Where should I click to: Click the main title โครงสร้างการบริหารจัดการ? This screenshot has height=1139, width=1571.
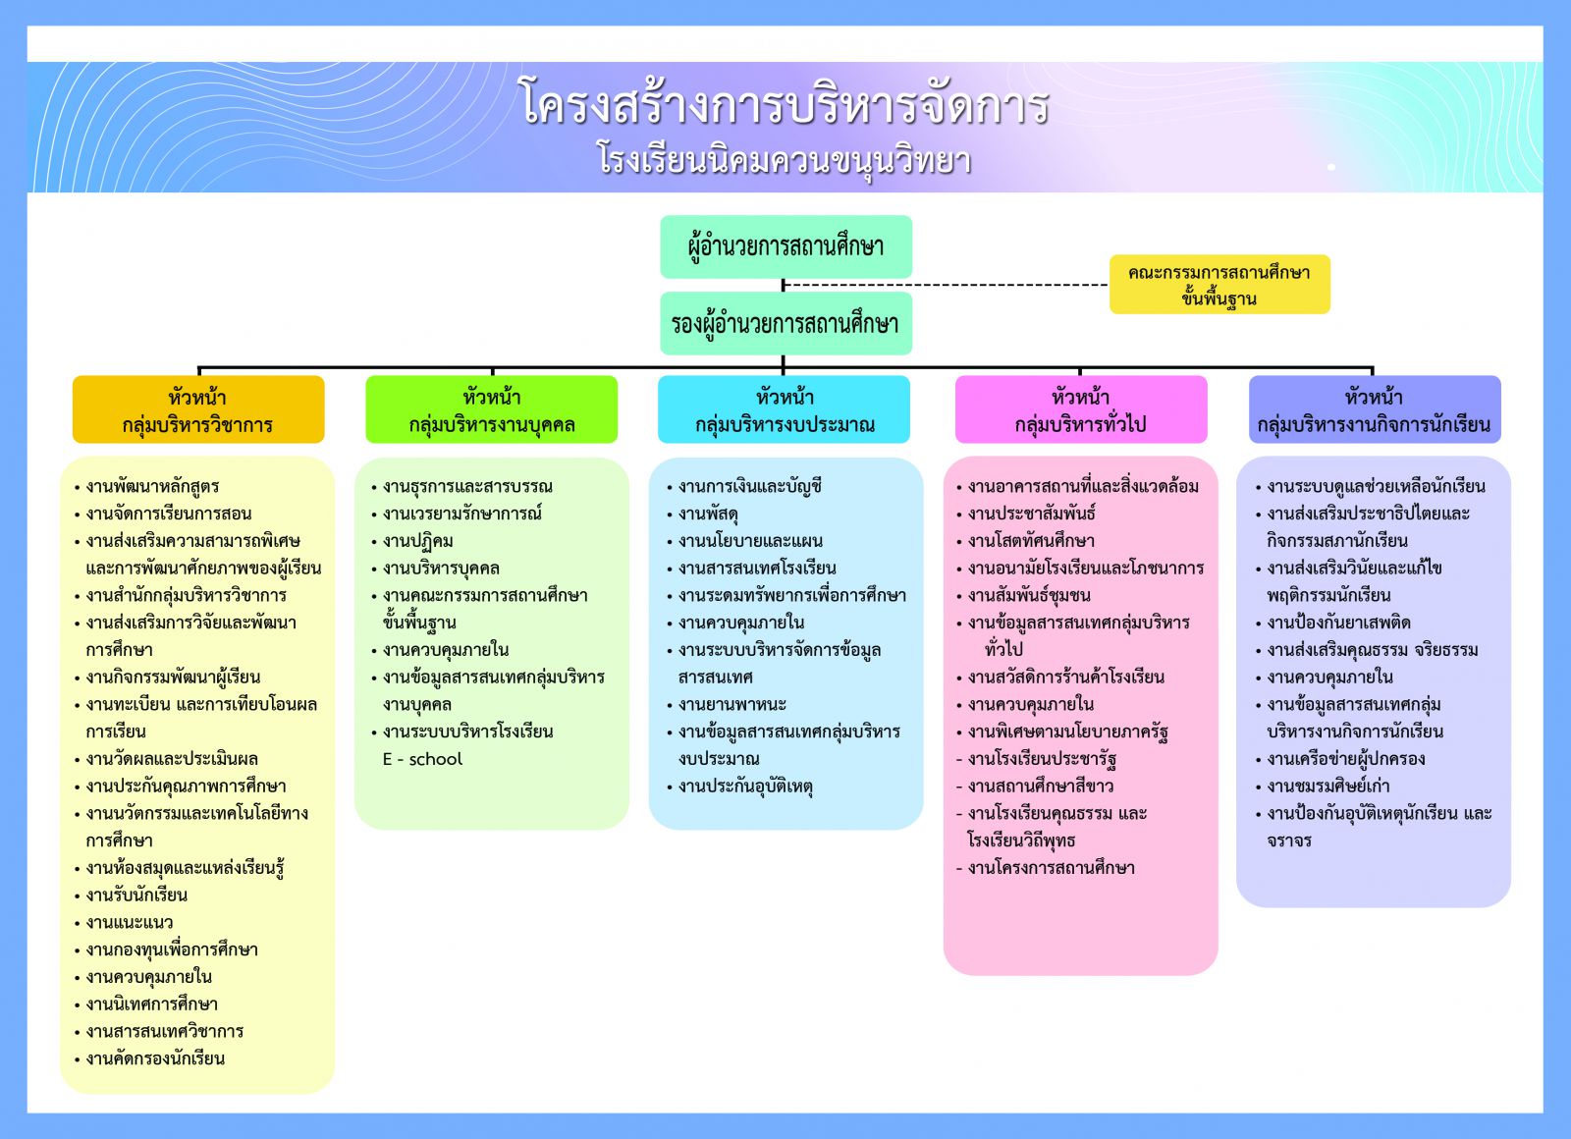[785, 104]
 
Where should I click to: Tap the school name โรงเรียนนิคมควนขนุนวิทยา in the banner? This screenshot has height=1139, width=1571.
[785, 160]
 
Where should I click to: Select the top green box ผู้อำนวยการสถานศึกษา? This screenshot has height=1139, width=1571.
[785, 245]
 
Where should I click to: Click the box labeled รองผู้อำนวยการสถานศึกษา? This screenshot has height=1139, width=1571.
[785, 323]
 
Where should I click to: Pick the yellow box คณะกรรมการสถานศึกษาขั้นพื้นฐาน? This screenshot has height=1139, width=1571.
[1219, 285]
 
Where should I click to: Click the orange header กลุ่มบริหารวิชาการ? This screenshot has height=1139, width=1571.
[197, 410]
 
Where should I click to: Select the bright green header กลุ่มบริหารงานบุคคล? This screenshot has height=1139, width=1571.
[491, 410]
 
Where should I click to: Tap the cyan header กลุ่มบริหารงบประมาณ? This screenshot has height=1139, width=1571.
[785, 410]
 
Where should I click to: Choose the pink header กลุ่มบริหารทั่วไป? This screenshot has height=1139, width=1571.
[1080, 410]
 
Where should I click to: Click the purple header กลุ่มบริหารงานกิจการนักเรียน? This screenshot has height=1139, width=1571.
[1374, 410]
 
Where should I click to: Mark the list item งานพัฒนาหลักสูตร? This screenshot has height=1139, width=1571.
[152, 486]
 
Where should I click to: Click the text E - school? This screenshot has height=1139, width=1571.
[422, 759]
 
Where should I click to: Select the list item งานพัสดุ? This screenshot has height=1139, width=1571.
[708, 514]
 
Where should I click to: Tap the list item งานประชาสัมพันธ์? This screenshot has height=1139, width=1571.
[1031, 514]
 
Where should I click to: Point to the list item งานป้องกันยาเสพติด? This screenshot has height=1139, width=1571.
[1338, 623]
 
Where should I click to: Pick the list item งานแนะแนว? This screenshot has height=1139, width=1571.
[129, 922]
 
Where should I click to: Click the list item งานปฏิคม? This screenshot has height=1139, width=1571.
[418, 541]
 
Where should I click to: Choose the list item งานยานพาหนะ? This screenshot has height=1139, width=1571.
[732, 704]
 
